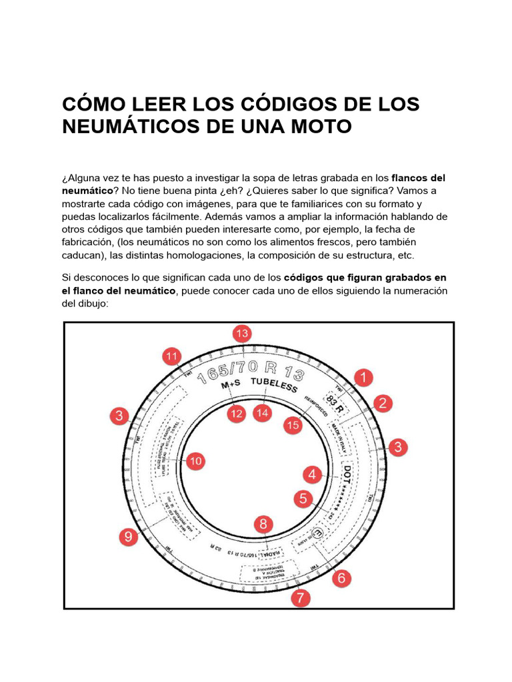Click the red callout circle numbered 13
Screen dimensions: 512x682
(243, 334)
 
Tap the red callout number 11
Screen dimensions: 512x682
(173, 356)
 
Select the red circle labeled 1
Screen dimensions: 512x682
(363, 378)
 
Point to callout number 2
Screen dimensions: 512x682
(383, 403)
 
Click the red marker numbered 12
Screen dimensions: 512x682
(236, 414)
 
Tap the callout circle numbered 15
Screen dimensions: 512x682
(291, 424)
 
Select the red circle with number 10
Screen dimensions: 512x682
(195, 460)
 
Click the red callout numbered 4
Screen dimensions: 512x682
(312, 475)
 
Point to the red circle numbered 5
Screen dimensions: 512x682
(303, 498)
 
